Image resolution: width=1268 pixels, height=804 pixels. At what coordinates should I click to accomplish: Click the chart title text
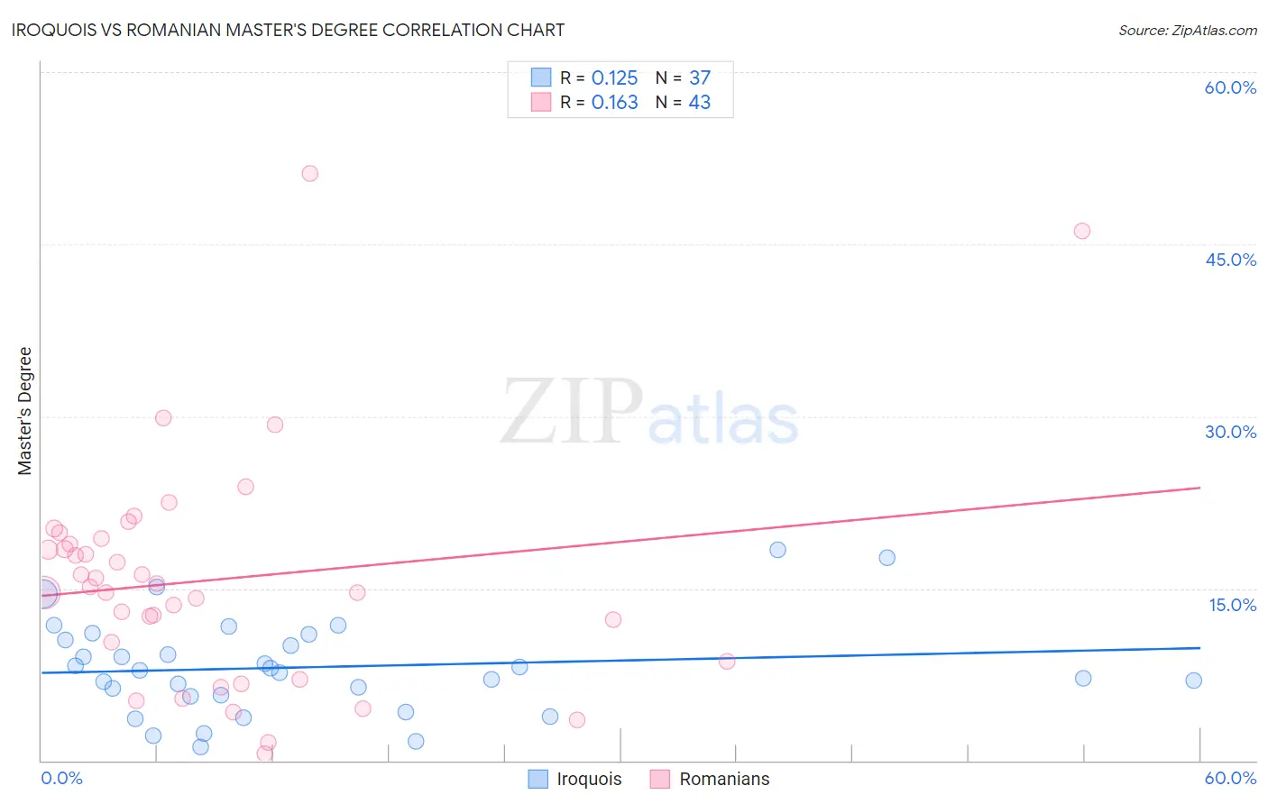coord(289,30)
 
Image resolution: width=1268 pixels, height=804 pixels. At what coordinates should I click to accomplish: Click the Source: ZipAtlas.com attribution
coord(1187,30)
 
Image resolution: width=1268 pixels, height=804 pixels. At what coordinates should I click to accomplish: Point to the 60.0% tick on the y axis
coord(1230,87)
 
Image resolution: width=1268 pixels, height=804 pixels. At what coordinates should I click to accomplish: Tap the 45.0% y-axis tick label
coord(1230,260)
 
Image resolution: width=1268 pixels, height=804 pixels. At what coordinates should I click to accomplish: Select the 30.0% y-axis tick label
coord(1230,432)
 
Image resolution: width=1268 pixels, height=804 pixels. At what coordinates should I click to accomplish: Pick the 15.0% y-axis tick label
coord(1232,605)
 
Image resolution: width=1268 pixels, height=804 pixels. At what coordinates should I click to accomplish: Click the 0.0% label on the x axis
coord(61,778)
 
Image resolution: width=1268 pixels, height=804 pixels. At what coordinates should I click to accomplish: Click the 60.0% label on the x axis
coord(1230,778)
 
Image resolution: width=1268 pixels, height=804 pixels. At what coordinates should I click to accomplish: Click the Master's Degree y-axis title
coord(24,411)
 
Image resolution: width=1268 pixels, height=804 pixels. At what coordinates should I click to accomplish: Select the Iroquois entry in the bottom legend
coord(589,779)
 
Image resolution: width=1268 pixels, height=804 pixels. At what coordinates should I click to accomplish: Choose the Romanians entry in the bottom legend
coord(724,779)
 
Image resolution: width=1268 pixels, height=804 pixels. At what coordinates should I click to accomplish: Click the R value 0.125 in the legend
coord(614,78)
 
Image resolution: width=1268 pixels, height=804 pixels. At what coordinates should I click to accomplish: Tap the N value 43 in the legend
coord(699,103)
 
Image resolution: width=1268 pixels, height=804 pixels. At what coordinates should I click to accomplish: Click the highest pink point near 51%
coord(310,174)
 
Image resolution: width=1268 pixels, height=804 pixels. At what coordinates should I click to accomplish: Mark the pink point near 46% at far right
coord(1082,231)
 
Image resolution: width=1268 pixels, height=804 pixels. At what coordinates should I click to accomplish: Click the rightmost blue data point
coord(1194,681)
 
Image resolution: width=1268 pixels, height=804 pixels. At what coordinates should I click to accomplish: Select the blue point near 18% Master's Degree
coord(777,550)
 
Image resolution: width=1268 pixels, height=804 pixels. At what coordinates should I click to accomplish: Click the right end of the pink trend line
coord(1199,488)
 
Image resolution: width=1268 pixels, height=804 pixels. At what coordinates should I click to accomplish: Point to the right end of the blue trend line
coord(1199,648)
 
